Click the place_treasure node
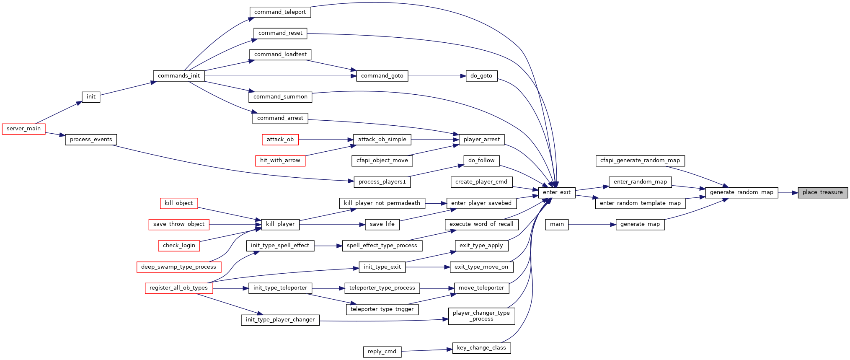[823, 193]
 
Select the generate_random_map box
[741, 193]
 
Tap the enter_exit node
[557, 193]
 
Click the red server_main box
[23, 129]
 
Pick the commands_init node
[179, 76]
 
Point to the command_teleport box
[280, 12]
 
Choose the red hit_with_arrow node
[280, 161]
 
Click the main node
[557, 225]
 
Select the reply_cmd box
[382, 352]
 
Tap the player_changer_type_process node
[481, 316]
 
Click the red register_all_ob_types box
[179, 288]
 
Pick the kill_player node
[280, 225]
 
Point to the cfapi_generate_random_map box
[640, 161]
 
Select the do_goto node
[481, 76]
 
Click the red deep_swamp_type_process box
[179, 267]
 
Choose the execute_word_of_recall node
[481, 225]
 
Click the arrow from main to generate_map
[592, 225]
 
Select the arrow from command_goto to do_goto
[437, 76]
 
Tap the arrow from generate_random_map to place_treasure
[788, 193]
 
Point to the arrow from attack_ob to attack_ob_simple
[326, 140]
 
